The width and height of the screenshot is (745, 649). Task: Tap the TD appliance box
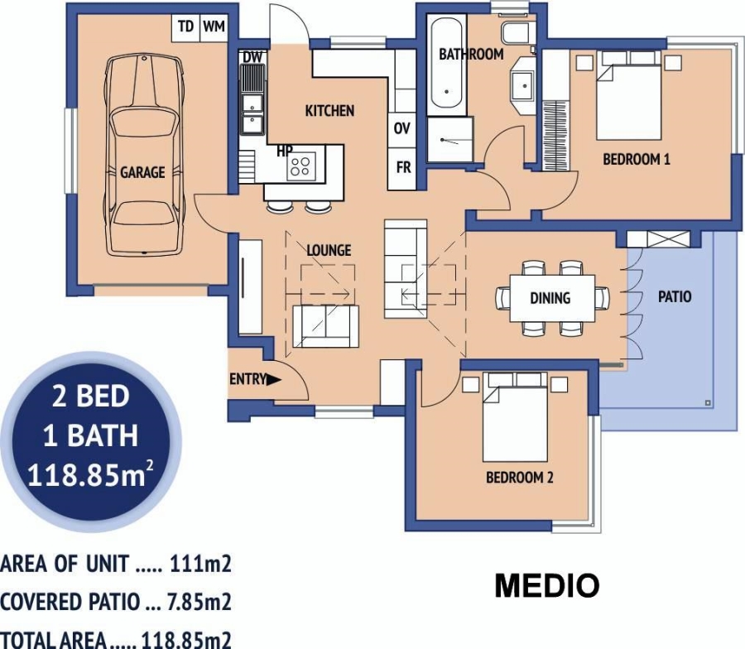coord(185,27)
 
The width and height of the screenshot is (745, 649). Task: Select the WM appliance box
coord(214,27)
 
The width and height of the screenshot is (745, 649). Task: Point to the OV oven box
coord(402,128)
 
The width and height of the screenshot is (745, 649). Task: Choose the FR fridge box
coord(403,167)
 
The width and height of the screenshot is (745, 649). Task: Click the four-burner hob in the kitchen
coord(301,166)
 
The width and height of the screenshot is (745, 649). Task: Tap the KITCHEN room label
coord(329,111)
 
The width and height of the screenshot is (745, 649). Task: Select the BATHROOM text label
coord(471,55)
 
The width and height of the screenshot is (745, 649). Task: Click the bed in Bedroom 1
coord(629,95)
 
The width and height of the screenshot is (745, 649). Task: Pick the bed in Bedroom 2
coord(515,419)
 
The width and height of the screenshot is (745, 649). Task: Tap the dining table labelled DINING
coord(550,298)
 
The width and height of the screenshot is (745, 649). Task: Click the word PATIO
coord(675,296)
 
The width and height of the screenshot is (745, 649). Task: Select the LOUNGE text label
coord(329,250)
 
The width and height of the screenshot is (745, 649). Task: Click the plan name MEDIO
coord(546,586)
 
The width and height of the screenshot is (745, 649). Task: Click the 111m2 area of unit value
coord(200,565)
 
